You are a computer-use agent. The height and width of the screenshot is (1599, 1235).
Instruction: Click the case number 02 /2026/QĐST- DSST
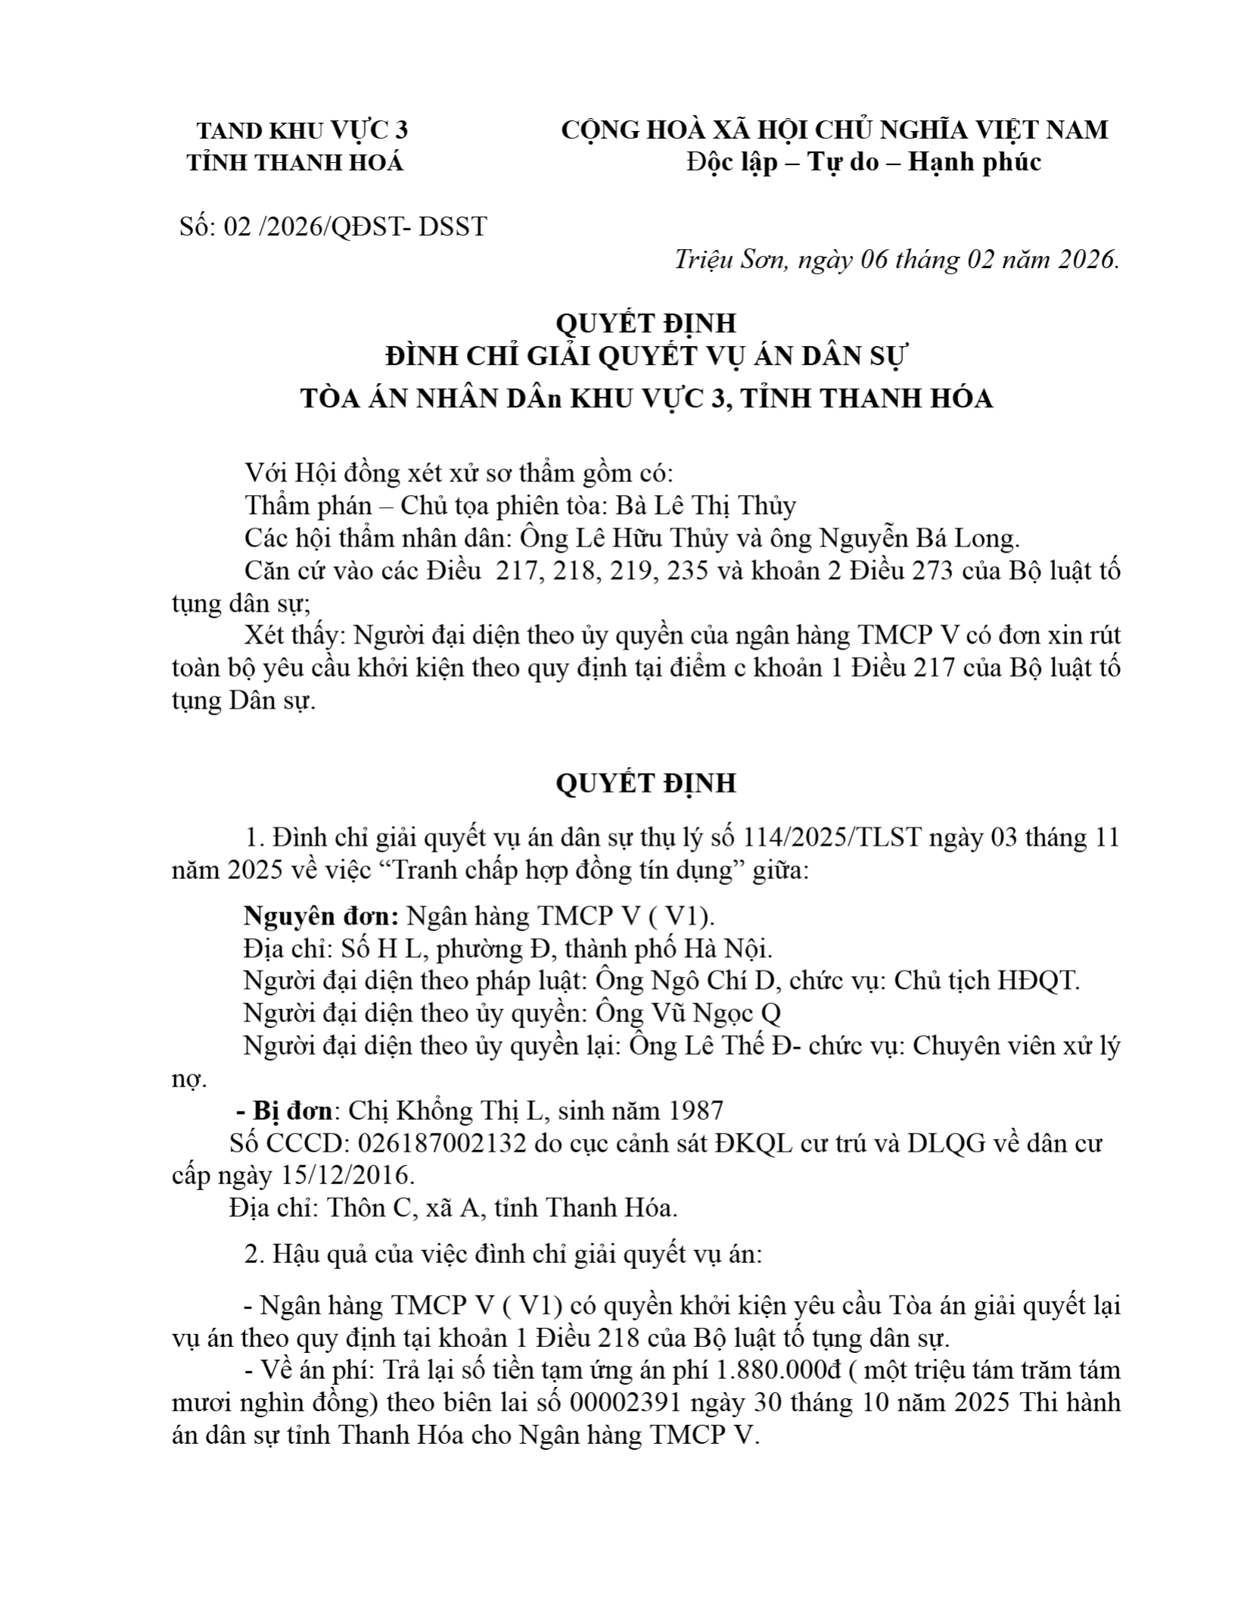(355, 226)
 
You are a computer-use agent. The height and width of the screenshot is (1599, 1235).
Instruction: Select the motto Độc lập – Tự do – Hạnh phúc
(863, 162)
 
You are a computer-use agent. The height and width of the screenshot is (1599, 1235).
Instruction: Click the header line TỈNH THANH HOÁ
(296, 162)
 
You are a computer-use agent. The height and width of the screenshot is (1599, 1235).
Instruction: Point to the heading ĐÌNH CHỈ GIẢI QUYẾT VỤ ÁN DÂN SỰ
(645, 357)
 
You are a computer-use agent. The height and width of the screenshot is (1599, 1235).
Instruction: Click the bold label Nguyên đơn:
(322, 916)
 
